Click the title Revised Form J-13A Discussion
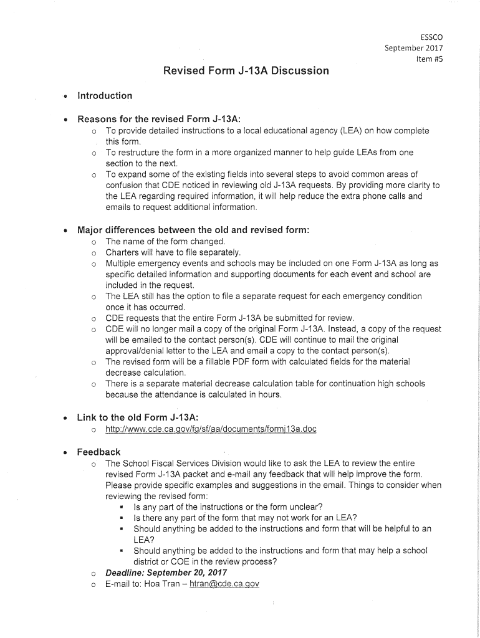pyautogui.click(x=246, y=70)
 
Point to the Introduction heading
pyautogui.click(x=105, y=96)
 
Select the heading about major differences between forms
pyautogui.click(x=193, y=230)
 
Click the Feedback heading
pyautogui.click(x=98, y=452)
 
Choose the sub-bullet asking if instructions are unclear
pyautogui.click(x=228, y=507)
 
